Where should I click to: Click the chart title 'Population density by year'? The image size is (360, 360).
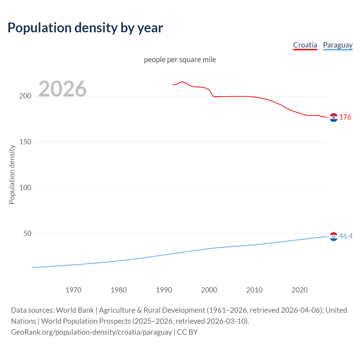[x=85, y=28]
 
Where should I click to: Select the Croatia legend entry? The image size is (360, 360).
[x=305, y=45]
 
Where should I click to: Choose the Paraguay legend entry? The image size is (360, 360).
[x=337, y=45]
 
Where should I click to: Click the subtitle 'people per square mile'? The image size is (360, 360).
[x=180, y=60]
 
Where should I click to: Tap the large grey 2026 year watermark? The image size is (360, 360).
[x=62, y=89]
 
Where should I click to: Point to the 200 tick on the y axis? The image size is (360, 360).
[x=25, y=96]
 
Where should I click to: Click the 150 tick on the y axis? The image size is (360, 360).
[x=25, y=142]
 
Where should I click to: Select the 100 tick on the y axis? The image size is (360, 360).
[x=25, y=188]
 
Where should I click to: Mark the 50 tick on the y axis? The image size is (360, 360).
[x=27, y=233]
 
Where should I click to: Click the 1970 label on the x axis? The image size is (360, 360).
[x=73, y=290]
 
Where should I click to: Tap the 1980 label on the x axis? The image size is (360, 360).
[x=119, y=290]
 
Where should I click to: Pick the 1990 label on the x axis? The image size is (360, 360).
[x=164, y=290]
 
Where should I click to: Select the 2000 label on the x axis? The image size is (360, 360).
[x=209, y=290]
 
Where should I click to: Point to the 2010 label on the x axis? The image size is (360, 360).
[x=254, y=290]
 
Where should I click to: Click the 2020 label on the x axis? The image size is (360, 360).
[x=300, y=290]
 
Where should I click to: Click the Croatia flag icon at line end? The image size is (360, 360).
[x=334, y=118]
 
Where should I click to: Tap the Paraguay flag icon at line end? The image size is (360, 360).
[x=334, y=237]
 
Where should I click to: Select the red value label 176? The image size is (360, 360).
[x=345, y=117]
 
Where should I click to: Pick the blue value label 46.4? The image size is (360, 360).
[x=346, y=236]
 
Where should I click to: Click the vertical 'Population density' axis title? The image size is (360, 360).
[x=12, y=174]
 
